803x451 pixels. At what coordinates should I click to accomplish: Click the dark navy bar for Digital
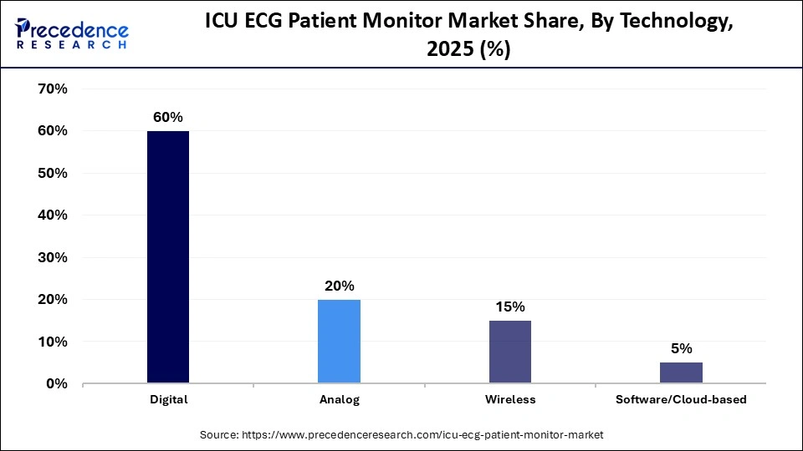click(168, 257)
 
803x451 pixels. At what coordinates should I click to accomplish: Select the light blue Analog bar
click(339, 342)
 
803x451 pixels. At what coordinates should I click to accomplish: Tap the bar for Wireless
click(509, 352)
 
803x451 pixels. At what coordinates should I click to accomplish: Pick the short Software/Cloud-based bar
click(681, 373)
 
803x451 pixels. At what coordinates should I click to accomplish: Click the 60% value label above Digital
click(168, 118)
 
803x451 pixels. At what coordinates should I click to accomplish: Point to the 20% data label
click(339, 286)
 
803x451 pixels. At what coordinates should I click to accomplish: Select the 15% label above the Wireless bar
click(509, 307)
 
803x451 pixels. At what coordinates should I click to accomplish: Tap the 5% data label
click(681, 348)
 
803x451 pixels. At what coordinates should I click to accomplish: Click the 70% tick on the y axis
click(53, 89)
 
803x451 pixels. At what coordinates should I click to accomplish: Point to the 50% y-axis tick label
click(53, 173)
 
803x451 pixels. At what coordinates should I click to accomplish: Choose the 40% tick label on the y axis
click(53, 215)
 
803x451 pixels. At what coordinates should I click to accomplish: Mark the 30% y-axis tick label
click(53, 257)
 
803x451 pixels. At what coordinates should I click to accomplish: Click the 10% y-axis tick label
click(53, 342)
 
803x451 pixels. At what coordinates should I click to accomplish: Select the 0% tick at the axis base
click(56, 384)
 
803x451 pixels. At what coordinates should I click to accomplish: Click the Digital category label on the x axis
click(168, 400)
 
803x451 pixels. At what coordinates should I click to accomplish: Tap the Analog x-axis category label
click(339, 400)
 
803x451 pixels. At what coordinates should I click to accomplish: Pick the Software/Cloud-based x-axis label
click(681, 400)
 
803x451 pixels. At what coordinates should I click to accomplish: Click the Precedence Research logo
click(72, 33)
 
